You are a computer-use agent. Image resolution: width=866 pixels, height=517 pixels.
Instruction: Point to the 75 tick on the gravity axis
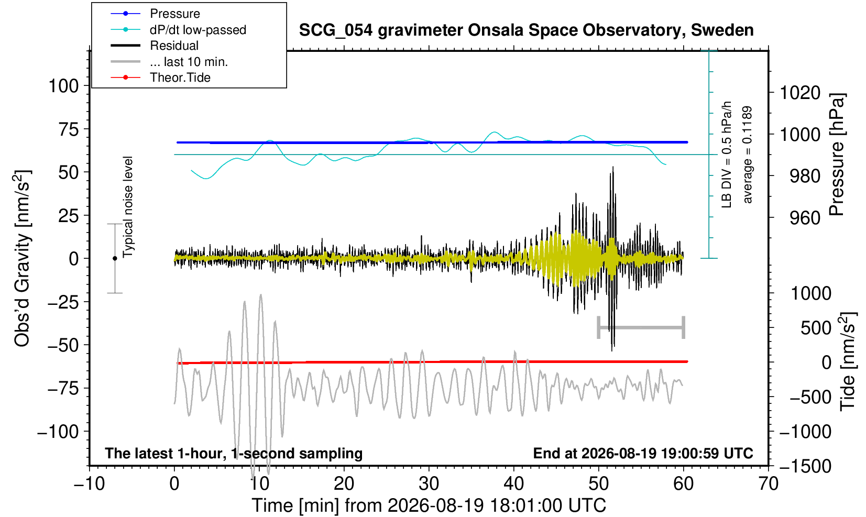click(x=69, y=129)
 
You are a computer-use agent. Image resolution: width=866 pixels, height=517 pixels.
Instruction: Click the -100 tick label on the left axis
click(x=58, y=432)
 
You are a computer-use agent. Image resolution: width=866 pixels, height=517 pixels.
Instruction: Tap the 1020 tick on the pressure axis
click(x=800, y=93)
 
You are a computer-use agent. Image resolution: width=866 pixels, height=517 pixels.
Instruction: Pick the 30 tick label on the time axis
click(x=429, y=484)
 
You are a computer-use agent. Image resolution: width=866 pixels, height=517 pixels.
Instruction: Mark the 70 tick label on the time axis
click(x=768, y=484)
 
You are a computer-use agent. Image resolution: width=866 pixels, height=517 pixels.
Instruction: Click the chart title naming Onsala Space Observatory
click(x=526, y=30)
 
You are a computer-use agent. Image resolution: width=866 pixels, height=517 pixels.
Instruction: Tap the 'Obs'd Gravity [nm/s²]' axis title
click(x=23, y=258)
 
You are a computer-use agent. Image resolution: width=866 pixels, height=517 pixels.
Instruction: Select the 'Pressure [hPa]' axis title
click(x=837, y=155)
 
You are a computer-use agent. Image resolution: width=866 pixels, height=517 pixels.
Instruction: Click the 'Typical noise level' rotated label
click(x=128, y=207)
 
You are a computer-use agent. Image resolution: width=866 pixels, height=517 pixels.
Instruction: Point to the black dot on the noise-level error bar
click(x=115, y=258)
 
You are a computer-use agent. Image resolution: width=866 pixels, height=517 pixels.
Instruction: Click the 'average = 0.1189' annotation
click(x=747, y=155)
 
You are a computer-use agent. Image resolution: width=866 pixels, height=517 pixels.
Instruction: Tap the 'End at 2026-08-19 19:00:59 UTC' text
click(x=643, y=453)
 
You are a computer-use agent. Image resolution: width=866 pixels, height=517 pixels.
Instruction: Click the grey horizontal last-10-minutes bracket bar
click(x=641, y=327)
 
